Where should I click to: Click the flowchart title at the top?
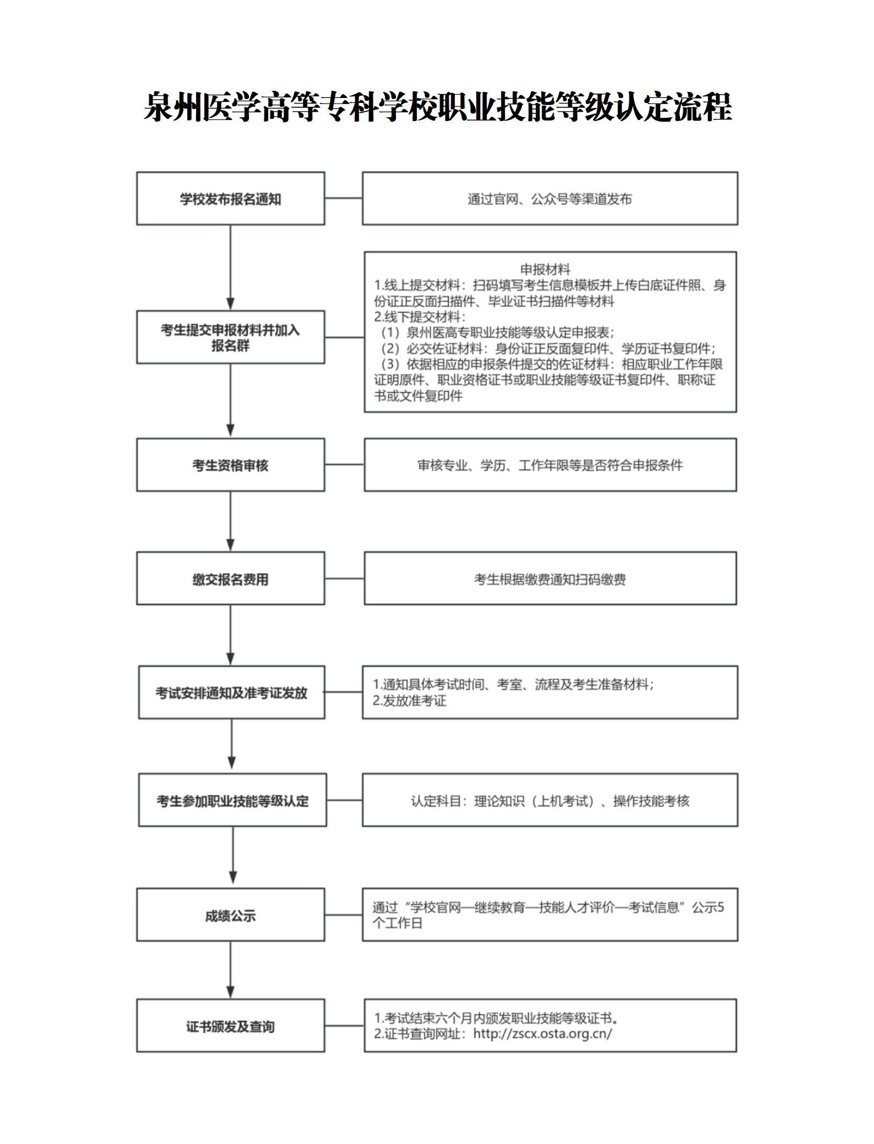click(x=437, y=107)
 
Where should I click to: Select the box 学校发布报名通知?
click(x=230, y=198)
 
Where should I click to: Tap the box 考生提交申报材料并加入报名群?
click(x=230, y=337)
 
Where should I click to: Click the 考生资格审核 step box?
click(x=230, y=465)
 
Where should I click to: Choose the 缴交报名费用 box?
click(x=230, y=579)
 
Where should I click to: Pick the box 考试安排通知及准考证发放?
click(x=231, y=692)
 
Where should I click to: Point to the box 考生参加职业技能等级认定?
click(x=232, y=800)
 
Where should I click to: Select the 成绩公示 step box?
click(x=230, y=914)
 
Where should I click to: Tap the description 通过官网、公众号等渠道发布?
click(x=550, y=199)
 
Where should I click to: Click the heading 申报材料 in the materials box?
click(x=545, y=269)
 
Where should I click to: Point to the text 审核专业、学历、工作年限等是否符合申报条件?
click(x=550, y=465)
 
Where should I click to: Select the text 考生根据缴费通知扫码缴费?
click(x=550, y=579)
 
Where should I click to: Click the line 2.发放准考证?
click(x=409, y=700)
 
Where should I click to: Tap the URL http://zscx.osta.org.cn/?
click(x=542, y=1033)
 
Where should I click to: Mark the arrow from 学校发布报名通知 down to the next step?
click(x=230, y=268)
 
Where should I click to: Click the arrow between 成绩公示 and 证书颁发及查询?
click(x=230, y=970)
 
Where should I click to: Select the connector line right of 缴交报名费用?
click(x=344, y=579)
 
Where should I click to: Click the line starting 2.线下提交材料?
click(x=419, y=317)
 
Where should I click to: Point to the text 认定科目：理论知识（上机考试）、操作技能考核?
click(x=550, y=801)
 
